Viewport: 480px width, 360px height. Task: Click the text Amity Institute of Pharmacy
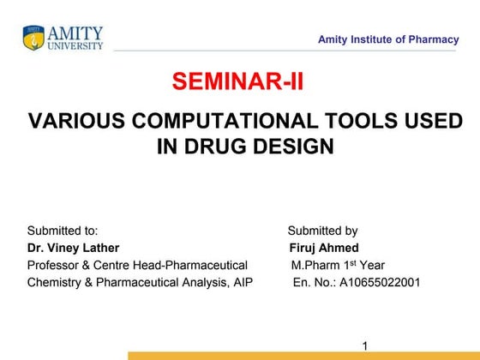pyautogui.click(x=387, y=39)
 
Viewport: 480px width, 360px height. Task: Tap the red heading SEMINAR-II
pyautogui.click(x=237, y=81)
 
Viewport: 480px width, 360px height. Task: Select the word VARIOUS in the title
pyautogui.click(x=69, y=121)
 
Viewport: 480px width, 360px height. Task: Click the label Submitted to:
pyautogui.click(x=63, y=231)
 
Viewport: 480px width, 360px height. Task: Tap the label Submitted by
pyautogui.click(x=322, y=231)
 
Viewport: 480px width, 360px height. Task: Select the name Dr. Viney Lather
pyautogui.click(x=73, y=248)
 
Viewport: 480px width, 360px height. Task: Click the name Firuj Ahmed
pyautogui.click(x=324, y=248)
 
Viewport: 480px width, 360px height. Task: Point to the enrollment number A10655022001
pyautogui.click(x=380, y=282)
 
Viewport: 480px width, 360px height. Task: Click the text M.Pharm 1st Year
pyautogui.click(x=337, y=265)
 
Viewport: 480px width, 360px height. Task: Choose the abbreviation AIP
pyautogui.click(x=242, y=282)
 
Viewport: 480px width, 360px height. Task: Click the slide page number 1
pyautogui.click(x=365, y=345)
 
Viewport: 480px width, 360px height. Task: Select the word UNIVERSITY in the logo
pyautogui.click(x=75, y=45)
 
